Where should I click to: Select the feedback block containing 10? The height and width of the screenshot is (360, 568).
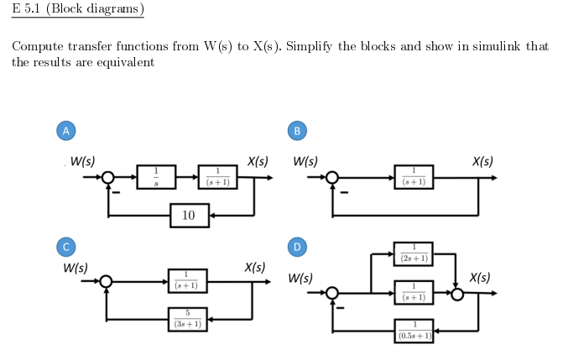tap(189, 216)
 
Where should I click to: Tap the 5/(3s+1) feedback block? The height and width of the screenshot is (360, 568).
tap(188, 320)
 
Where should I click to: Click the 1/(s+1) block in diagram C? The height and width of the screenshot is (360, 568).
tap(188, 281)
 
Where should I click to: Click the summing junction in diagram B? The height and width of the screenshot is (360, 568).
tap(333, 178)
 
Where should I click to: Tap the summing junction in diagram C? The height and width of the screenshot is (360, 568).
tap(107, 282)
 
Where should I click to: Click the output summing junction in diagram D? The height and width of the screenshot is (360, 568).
tap(456, 294)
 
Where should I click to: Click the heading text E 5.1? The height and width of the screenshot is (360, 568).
tap(30, 10)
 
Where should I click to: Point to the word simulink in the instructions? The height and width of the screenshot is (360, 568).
tap(484, 45)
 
